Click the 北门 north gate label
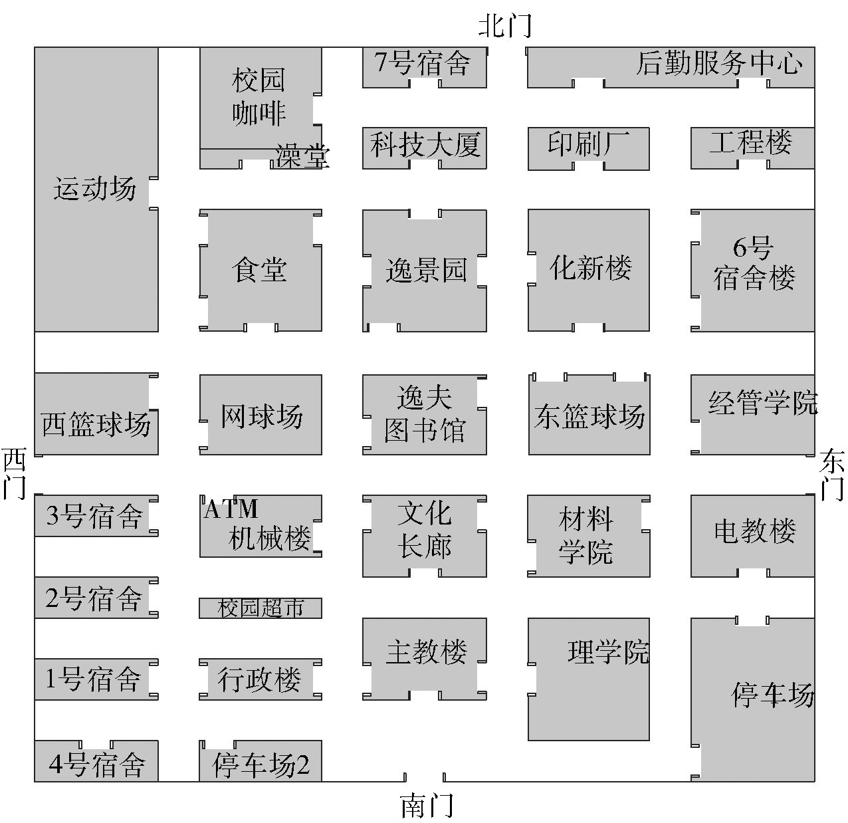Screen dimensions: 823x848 point(505,26)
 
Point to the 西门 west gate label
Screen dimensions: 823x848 point(14,473)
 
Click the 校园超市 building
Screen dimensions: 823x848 point(261,608)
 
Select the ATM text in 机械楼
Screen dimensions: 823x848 point(231,509)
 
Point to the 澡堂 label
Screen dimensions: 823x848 point(302,157)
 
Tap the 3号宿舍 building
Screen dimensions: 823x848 point(94,516)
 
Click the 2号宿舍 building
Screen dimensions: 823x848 point(94,599)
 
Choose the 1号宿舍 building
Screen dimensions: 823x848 point(94,679)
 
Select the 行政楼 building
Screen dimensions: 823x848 point(259,679)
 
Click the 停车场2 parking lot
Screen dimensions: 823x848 point(261,764)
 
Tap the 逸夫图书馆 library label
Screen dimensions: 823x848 point(424,414)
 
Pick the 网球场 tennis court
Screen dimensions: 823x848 point(261,415)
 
